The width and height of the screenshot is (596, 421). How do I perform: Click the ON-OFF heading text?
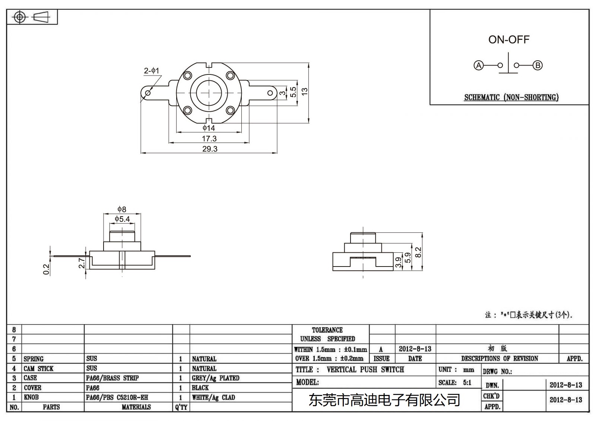coord(508,39)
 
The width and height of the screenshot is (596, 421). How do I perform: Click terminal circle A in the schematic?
coord(478,66)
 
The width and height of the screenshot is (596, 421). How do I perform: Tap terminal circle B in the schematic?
coord(538,66)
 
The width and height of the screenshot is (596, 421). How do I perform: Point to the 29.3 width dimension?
coord(210,149)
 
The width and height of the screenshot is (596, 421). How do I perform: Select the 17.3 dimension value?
coord(209,138)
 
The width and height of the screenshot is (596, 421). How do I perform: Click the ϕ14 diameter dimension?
coord(209,128)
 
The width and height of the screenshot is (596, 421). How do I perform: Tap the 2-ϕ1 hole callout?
coord(152,71)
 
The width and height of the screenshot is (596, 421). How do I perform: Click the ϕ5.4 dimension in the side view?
coord(122,219)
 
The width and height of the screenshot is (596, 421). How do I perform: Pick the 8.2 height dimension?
coord(418,252)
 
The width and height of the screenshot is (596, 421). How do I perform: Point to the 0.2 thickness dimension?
coord(46,269)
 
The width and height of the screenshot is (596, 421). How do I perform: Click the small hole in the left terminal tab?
coord(148,93)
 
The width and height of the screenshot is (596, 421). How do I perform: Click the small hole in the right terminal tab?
coord(270,93)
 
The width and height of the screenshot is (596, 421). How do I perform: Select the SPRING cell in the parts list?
coord(34,359)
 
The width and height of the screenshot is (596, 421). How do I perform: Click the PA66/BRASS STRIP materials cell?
coord(112,378)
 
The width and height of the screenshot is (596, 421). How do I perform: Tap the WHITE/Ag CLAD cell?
coord(213,398)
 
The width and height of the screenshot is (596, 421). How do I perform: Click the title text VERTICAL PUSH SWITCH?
coord(365,370)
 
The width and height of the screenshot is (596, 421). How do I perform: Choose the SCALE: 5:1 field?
coord(455,383)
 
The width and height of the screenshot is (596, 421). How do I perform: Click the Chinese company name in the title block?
coord(384,401)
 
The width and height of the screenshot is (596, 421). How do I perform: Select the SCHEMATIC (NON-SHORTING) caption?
coord(511,98)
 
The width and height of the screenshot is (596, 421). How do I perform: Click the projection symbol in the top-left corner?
coord(32,17)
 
